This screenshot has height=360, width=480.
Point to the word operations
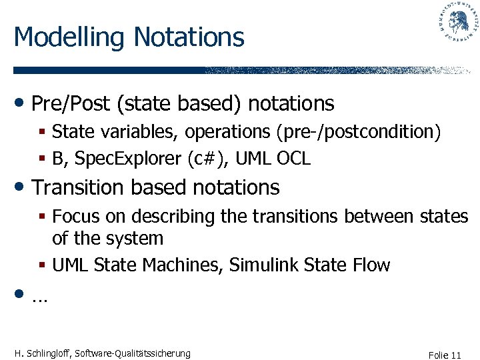click(227, 133)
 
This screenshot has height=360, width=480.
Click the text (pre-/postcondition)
click(358, 133)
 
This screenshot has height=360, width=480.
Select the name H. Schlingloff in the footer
click(43, 353)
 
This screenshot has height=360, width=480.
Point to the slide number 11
click(456, 355)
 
